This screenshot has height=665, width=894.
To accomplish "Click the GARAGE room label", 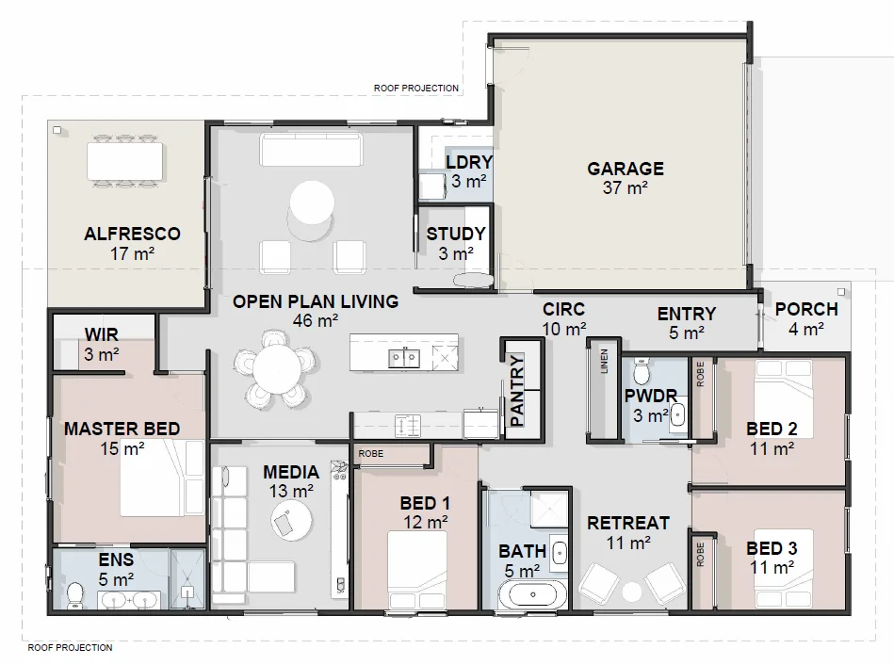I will pos(626,170).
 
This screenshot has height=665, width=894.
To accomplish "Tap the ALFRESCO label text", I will pos(132,234).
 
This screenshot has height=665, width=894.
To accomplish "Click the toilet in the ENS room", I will pos(75,594).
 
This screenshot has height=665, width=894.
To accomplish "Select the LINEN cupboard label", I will pos(603,363).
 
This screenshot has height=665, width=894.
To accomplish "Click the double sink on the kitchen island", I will pos(405,356).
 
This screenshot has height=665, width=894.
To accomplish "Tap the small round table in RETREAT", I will pos(632,591).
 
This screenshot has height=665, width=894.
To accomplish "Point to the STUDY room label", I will pos(456,235).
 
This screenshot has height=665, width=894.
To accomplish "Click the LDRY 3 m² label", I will pos(468,171).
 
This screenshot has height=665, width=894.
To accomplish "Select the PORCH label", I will pos(806,310).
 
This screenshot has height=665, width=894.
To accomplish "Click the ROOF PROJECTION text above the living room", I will pos(415,89).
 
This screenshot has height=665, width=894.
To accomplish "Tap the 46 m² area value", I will pos(316,321).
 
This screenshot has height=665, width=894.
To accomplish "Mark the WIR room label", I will pos(102,335).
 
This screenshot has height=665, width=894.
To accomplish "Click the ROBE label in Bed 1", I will pos(368,453).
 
